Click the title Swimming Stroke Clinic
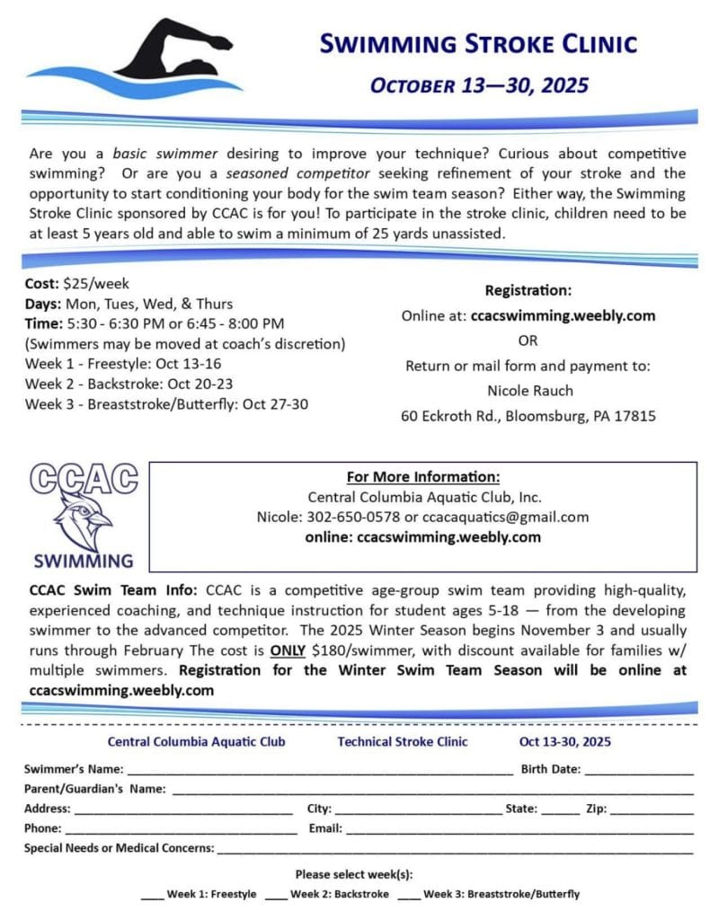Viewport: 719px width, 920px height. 479,43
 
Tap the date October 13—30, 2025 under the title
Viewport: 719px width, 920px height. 479,85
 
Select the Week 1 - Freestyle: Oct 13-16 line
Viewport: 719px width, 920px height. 122,364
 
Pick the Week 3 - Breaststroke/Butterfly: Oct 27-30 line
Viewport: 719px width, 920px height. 166,403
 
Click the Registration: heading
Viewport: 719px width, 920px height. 528,290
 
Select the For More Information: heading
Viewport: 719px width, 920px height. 422,477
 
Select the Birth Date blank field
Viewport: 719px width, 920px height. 639,770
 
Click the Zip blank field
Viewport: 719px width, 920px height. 652,809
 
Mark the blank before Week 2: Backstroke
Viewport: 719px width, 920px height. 276,894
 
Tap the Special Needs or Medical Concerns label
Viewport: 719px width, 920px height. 119,847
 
